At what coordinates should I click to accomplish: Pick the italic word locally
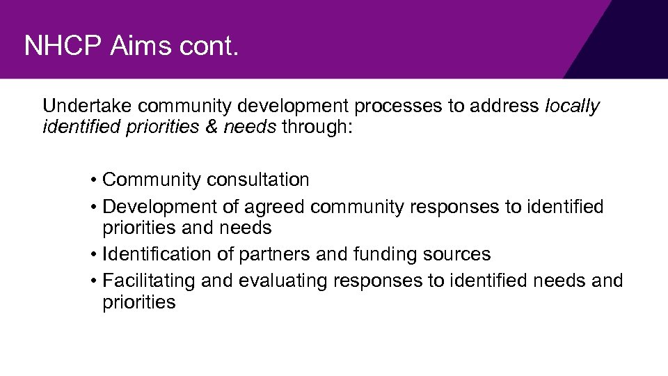pos(572,107)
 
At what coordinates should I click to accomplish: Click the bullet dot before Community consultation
pos(93,180)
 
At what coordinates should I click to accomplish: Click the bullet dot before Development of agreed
pos(93,207)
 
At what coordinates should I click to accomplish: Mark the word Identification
pos(158,254)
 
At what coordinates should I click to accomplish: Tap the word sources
pos(457,254)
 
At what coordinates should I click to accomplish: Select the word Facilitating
pos(149,281)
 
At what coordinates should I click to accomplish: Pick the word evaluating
pos(283,281)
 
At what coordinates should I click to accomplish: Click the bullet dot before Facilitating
pos(93,281)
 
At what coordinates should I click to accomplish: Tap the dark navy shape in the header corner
pos(630,45)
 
